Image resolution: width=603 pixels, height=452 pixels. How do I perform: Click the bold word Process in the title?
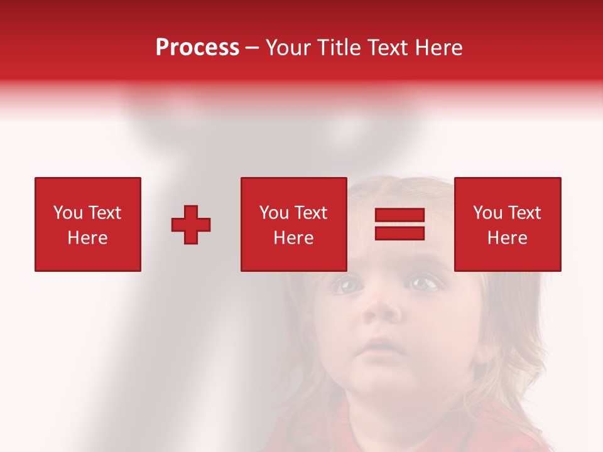197,48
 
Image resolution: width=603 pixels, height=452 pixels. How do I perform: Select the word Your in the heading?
288,48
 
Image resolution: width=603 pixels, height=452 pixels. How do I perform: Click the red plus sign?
191,225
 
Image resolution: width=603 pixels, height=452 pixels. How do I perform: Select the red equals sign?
399,224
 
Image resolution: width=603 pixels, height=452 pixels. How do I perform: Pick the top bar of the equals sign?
399,215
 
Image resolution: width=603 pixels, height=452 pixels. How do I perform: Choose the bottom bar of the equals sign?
399,233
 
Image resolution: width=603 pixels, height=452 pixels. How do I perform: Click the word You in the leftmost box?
67,213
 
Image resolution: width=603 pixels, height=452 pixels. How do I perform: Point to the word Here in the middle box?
293,238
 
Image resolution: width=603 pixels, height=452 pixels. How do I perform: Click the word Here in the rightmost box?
507,238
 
